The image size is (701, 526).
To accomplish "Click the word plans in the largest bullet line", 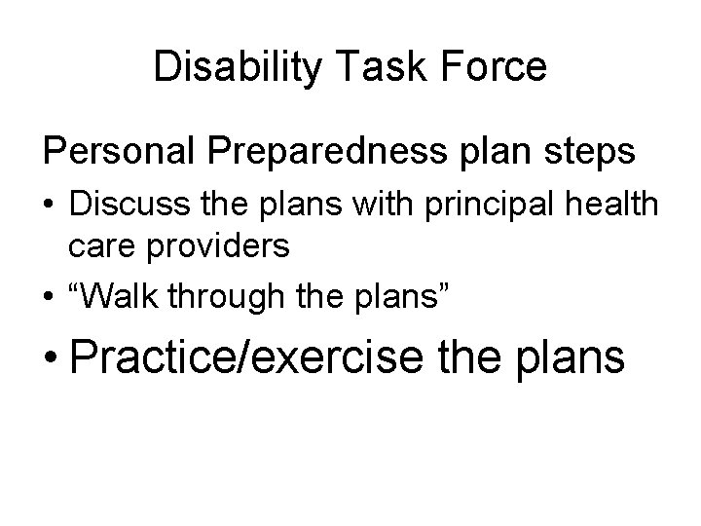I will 571,357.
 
